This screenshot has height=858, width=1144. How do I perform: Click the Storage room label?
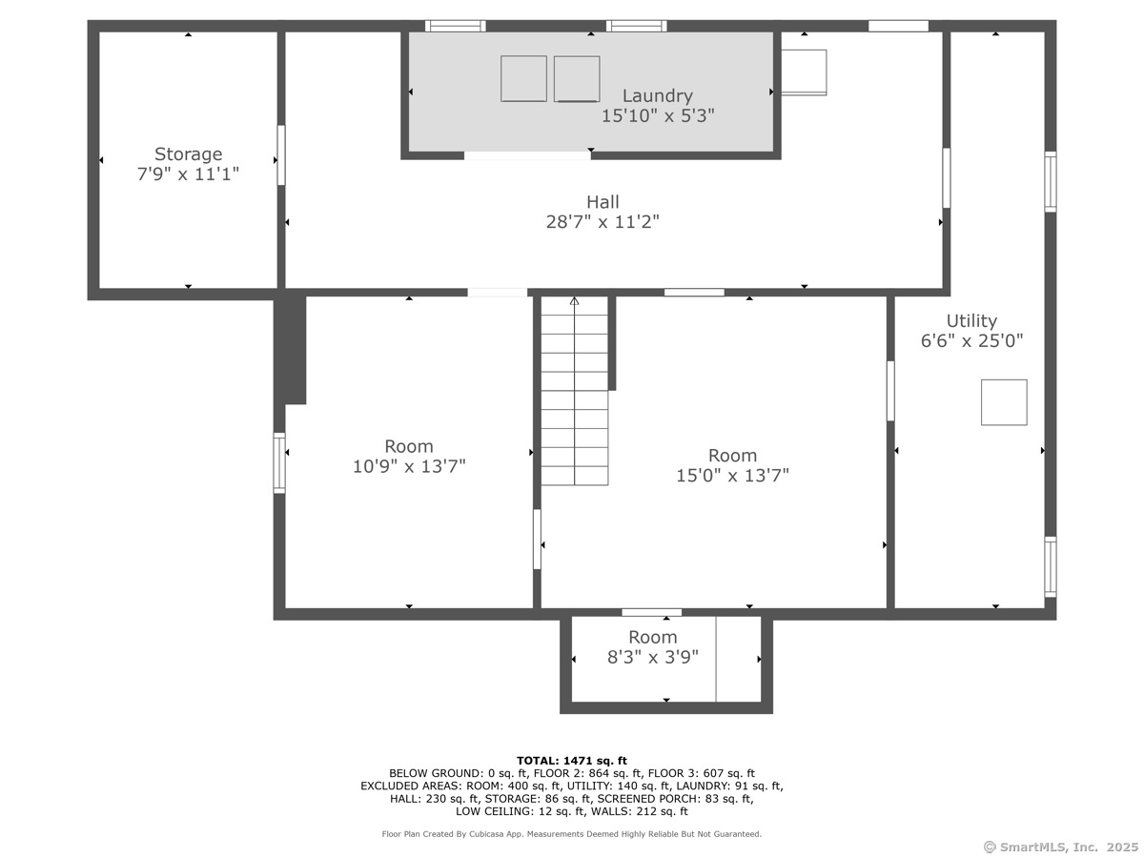point(188,154)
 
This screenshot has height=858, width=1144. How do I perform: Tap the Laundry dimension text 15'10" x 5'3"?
point(658,115)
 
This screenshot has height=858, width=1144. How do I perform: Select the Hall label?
point(603,201)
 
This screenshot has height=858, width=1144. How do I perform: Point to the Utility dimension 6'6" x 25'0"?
point(971,340)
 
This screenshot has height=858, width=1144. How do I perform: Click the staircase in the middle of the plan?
point(574,391)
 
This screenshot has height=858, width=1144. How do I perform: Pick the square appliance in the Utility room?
point(1004,402)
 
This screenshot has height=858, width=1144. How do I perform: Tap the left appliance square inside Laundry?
point(523,79)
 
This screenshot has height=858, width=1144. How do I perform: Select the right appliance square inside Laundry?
point(577,79)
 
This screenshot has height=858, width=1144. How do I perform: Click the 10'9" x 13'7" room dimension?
point(409,466)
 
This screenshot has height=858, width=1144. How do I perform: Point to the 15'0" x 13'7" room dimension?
point(732,476)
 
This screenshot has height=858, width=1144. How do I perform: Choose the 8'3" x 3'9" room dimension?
point(652,657)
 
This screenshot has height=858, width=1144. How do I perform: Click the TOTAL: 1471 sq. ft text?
point(572,761)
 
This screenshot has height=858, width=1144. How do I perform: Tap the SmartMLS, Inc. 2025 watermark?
point(1060,848)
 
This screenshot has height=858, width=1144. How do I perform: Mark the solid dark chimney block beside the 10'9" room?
point(290,349)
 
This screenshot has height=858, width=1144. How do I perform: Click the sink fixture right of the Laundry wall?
point(804,72)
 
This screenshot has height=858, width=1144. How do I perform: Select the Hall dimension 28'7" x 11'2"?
point(603,222)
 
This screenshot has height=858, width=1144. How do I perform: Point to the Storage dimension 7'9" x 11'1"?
point(188,174)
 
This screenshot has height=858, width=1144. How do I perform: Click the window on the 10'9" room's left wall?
point(279,462)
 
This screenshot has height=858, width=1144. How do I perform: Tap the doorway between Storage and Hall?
point(281,154)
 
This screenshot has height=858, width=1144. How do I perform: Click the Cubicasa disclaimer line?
point(572,834)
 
